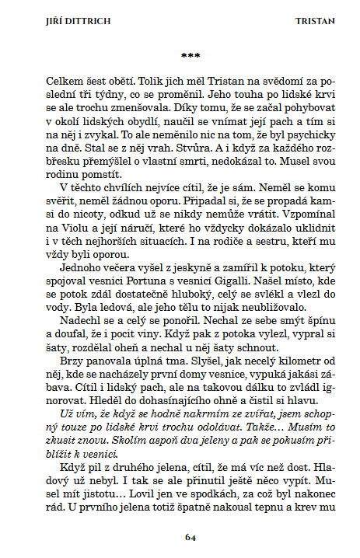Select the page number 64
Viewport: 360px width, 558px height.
pyautogui.click(x=190, y=537)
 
